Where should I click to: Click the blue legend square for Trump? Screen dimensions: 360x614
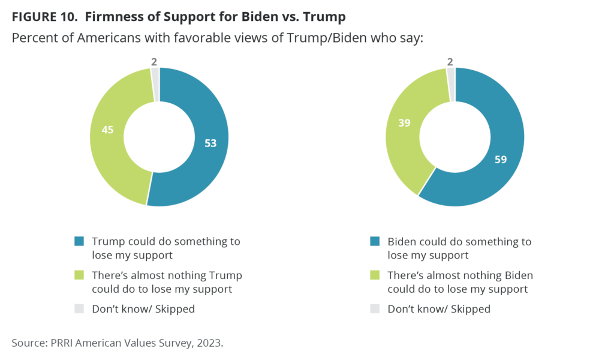click(78, 242)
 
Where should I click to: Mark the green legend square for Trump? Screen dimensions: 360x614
click(78, 275)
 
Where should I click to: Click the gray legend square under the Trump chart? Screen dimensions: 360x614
click(78, 309)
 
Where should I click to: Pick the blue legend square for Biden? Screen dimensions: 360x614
click(374, 242)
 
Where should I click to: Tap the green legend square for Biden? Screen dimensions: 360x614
click(374, 275)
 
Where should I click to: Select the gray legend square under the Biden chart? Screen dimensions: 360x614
click(374, 309)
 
